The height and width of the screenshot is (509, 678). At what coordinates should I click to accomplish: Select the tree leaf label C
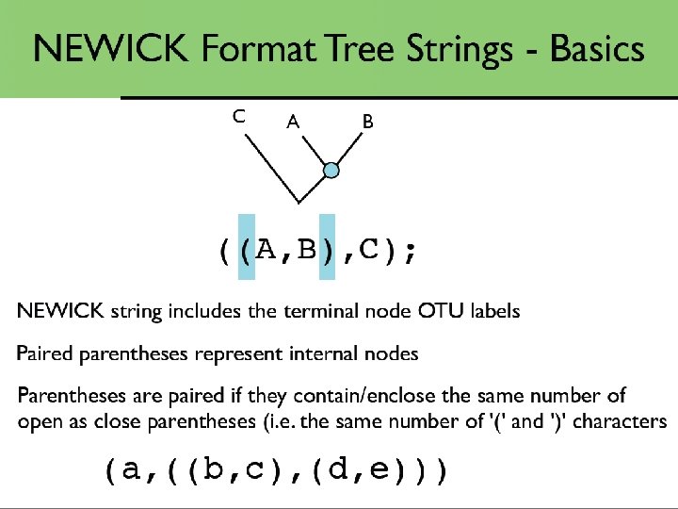[239, 117]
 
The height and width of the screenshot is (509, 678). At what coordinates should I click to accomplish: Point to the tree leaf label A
[293, 122]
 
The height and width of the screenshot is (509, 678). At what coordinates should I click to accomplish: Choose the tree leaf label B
[367, 122]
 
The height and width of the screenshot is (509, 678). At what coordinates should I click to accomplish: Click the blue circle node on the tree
[331, 171]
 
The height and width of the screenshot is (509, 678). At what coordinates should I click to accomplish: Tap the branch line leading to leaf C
[271, 168]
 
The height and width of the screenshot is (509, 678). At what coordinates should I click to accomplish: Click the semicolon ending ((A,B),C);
[407, 252]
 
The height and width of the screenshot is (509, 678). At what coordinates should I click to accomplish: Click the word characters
[620, 421]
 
